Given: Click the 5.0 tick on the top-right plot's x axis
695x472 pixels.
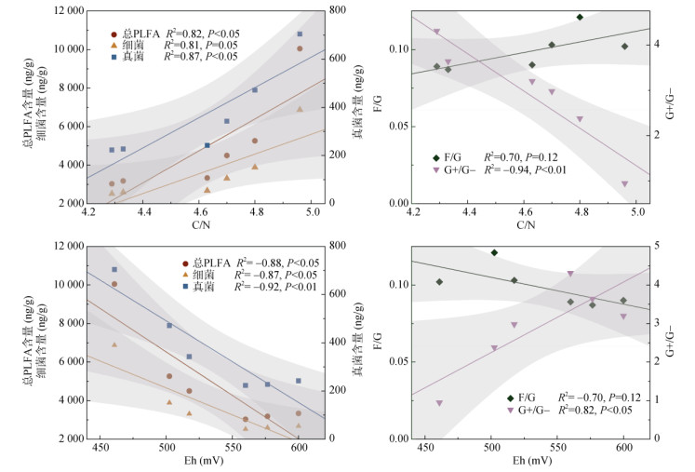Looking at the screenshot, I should pos(637,212).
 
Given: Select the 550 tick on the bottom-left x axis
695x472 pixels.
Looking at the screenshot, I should pos(233,448).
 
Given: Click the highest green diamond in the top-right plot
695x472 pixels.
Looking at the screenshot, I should pos(580,17).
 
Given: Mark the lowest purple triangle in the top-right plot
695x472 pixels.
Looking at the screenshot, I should pos(624,184).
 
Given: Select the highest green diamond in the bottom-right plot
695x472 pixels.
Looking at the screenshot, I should pos(494,252).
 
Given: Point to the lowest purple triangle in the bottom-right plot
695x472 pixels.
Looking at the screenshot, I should pos(439,403).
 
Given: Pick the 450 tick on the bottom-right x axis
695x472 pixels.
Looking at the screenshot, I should pos(427,448).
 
